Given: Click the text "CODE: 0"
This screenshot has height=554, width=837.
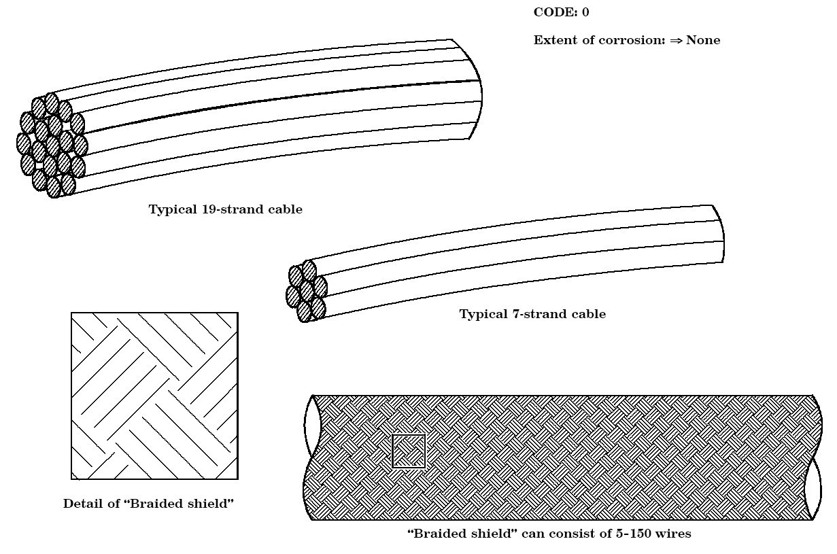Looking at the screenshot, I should [561, 12].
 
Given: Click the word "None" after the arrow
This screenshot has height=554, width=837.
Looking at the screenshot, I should [703, 40].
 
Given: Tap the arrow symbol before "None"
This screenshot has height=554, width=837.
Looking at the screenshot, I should [675, 40].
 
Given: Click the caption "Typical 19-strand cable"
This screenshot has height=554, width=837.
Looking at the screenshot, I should [226, 209].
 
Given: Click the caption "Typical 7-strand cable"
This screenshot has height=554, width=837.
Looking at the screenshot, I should [532, 314].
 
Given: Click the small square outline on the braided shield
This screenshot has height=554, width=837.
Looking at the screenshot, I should [409, 451].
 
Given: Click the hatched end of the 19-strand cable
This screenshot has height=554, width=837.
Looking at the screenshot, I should [51, 145].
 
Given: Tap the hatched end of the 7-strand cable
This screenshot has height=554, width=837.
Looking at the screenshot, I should [307, 292].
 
